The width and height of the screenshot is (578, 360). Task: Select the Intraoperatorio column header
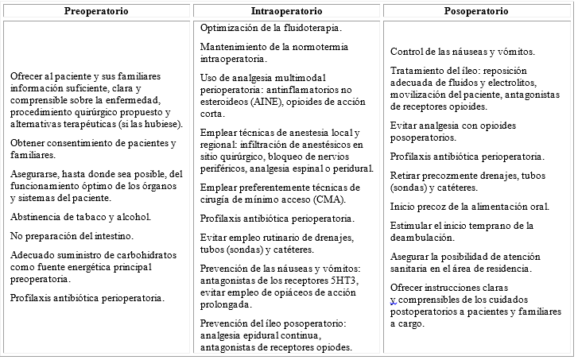point(286,12)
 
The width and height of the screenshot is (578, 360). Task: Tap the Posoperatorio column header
point(477,12)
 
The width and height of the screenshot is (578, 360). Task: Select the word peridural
point(354,168)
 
